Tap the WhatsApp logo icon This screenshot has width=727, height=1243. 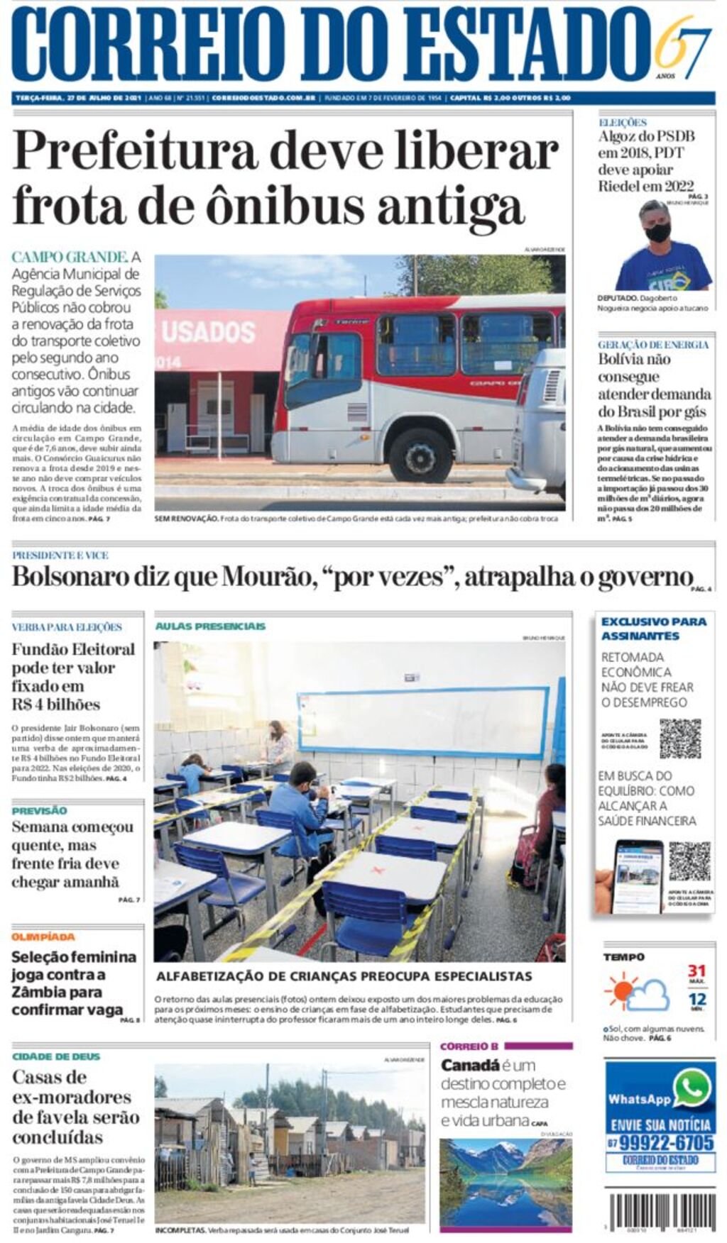tap(692, 1088)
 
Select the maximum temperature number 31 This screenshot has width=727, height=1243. tap(696, 971)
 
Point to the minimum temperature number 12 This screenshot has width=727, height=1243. tap(696, 1000)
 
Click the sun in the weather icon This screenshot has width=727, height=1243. tap(621, 989)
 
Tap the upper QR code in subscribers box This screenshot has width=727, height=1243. tap(679, 739)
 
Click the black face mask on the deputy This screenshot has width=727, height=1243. tap(657, 232)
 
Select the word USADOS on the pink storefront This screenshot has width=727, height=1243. tap(208, 332)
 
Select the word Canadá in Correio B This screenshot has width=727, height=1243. tap(470, 1066)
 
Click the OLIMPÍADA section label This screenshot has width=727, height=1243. tap(43, 937)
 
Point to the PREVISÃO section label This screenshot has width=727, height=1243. tap(39, 810)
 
